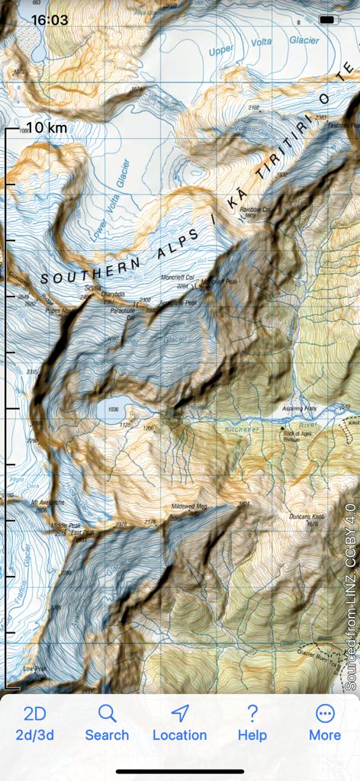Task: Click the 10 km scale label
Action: (47, 127)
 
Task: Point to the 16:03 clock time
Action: (50, 21)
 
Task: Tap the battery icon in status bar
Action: (328, 20)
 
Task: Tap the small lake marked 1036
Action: (113, 410)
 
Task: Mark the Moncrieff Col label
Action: (179, 281)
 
